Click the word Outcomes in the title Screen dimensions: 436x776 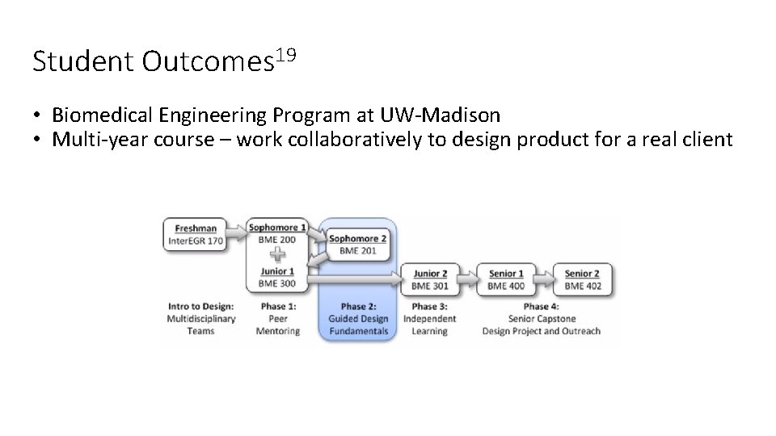click(x=205, y=62)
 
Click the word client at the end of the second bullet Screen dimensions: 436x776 click(x=706, y=140)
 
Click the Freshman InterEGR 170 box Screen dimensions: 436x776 click(x=196, y=234)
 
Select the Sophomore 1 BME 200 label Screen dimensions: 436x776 click(x=277, y=233)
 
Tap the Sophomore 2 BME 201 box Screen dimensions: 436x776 click(x=357, y=245)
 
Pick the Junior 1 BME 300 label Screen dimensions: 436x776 click(x=277, y=278)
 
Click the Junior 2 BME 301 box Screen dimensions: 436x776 click(x=429, y=279)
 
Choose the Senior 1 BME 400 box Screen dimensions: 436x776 click(x=506, y=279)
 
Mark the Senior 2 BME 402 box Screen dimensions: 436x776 click(x=582, y=279)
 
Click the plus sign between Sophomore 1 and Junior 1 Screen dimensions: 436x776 click(x=277, y=255)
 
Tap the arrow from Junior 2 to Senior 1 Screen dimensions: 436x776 click(x=467, y=279)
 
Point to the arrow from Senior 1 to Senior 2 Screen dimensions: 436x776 click(x=543, y=279)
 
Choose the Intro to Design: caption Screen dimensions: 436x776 click(x=201, y=307)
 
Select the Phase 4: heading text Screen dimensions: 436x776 click(x=541, y=307)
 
